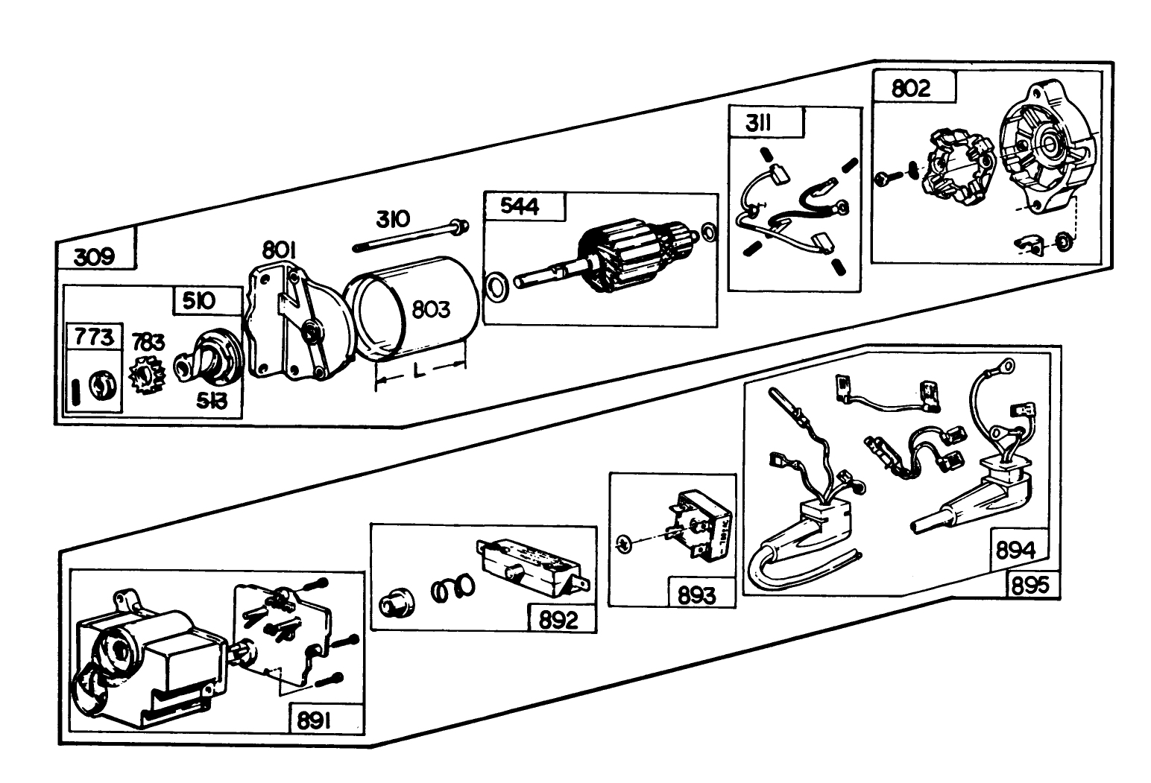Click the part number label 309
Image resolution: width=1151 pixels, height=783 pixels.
coord(95,257)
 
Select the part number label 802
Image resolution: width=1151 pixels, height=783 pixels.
coord(910,89)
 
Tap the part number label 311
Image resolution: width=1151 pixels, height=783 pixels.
coord(758,124)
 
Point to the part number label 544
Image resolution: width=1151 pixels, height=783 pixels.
coord(520,206)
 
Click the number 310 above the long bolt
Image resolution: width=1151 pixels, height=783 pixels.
coord(392,219)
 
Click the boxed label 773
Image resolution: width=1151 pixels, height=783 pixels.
coord(94,337)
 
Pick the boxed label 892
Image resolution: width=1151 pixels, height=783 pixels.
coord(558,619)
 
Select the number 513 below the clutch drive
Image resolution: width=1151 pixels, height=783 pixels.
coord(212,401)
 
